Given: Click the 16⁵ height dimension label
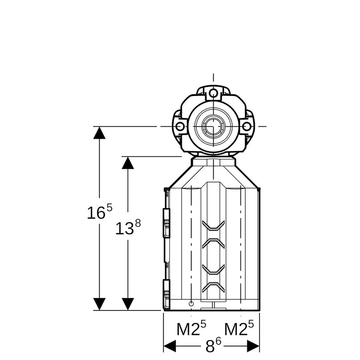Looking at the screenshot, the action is (x=100, y=211).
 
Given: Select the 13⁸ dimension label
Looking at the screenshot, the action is (x=128, y=227).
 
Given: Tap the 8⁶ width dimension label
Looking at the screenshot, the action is (x=213, y=346).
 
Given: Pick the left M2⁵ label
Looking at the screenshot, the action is (x=191, y=328).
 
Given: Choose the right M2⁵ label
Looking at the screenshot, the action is (x=239, y=328).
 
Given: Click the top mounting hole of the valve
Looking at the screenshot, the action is (x=214, y=93).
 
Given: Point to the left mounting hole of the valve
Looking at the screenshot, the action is (x=180, y=126).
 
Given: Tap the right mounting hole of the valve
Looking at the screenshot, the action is (x=247, y=126).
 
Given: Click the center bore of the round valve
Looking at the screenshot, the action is (x=214, y=126).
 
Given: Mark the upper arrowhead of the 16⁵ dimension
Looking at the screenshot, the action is (x=100, y=133).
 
